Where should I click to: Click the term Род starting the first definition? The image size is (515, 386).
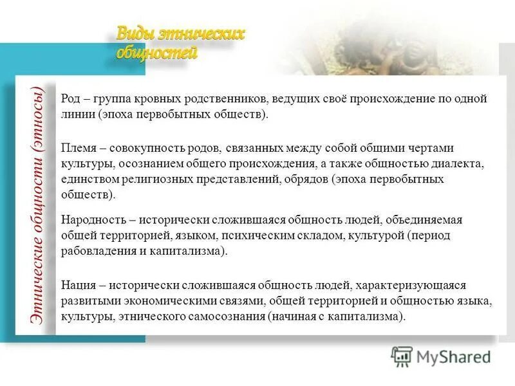point(70,99)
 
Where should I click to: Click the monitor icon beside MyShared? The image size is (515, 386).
point(402,356)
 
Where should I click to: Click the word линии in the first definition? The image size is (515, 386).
point(77,115)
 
